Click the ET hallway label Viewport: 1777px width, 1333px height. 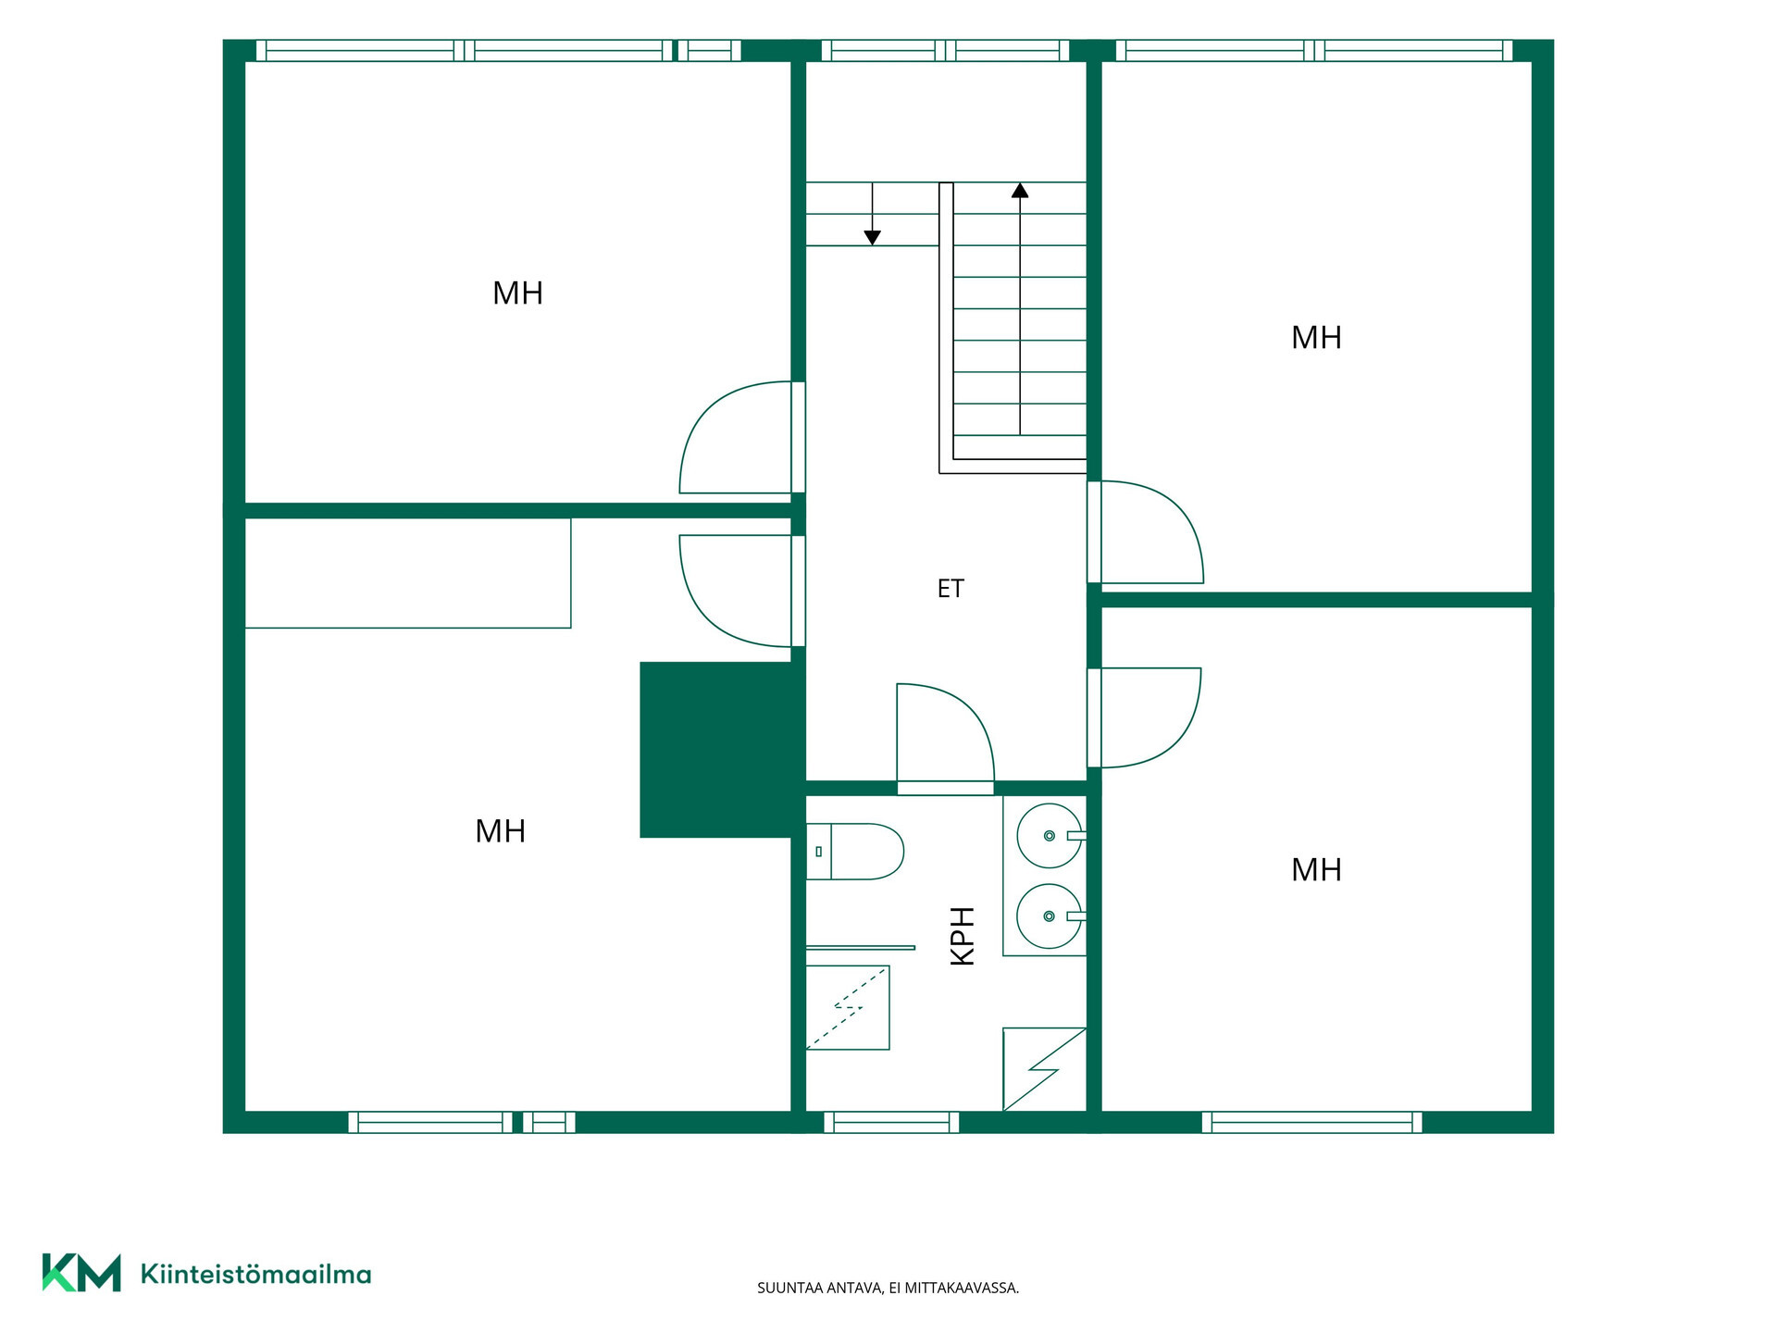[x=951, y=589]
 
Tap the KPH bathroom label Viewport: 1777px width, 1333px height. [x=963, y=936]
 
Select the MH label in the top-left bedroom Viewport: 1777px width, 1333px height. [x=517, y=293]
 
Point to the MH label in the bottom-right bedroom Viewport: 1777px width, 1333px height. [x=1316, y=870]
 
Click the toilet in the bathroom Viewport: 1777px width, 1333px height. [x=854, y=852]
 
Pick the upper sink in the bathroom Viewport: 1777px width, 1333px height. [x=1050, y=835]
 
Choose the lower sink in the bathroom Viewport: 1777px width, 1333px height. [x=1050, y=916]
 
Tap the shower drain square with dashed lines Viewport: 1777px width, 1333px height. [x=848, y=1007]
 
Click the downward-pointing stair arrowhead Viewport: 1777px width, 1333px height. [x=872, y=238]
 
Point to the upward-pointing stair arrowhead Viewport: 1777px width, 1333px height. [x=1020, y=190]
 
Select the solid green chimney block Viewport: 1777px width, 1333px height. [x=722, y=750]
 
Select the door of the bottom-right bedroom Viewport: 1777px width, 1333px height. [x=1144, y=717]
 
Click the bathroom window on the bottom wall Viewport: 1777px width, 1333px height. [x=891, y=1122]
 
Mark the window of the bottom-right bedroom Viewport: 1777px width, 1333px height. [x=1312, y=1122]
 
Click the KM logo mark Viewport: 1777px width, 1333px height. [x=81, y=1273]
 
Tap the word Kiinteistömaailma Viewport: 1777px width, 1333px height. [x=255, y=1274]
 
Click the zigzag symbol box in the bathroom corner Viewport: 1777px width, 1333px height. [x=1044, y=1069]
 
